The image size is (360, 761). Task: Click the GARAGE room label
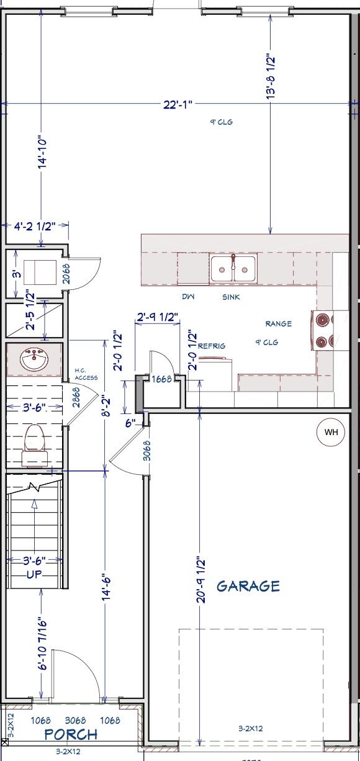tap(248, 586)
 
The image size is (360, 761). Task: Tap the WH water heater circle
tap(331, 433)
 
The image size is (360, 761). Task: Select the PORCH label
tap(71, 735)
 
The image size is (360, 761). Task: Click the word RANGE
tap(278, 324)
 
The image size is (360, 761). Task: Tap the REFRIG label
tap(212, 346)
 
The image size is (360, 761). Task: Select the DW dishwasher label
tap(188, 297)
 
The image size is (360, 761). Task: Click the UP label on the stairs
tap(34, 574)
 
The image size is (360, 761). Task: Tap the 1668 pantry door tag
tap(161, 379)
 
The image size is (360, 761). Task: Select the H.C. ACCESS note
tap(86, 374)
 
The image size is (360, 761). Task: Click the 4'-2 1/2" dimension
tap(35, 227)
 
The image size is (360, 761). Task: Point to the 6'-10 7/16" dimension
tap(42, 644)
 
